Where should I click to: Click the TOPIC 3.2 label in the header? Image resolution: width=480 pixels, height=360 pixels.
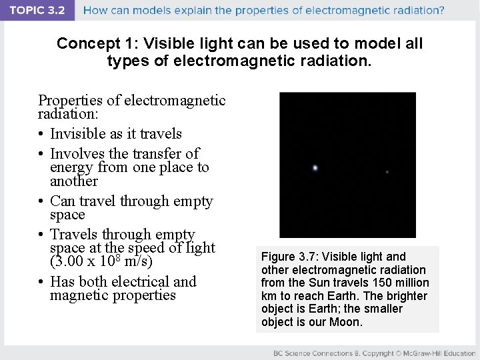pyautogui.click(x=38, y=10)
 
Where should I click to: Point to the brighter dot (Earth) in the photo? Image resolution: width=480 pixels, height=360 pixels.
pyautogui.click(x=315, y=168)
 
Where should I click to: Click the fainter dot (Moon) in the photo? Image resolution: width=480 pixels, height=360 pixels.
pyautogui.click(x=387, y=172)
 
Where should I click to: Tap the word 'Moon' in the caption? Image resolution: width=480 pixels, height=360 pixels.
pyautogui.click(x=346, y=322)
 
